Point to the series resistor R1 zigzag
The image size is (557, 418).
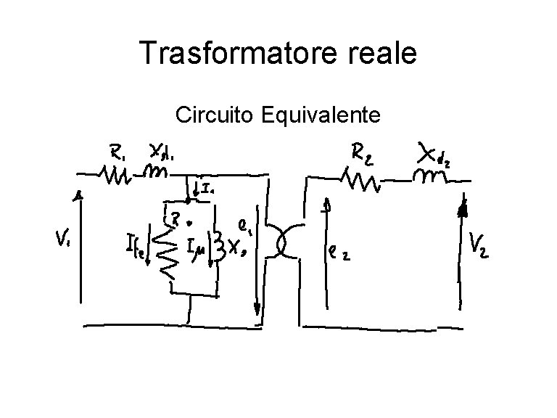point(115,175)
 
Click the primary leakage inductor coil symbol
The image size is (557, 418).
point(155,173)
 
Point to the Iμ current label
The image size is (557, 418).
point(196,250)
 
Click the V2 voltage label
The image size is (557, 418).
point(479,245)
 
